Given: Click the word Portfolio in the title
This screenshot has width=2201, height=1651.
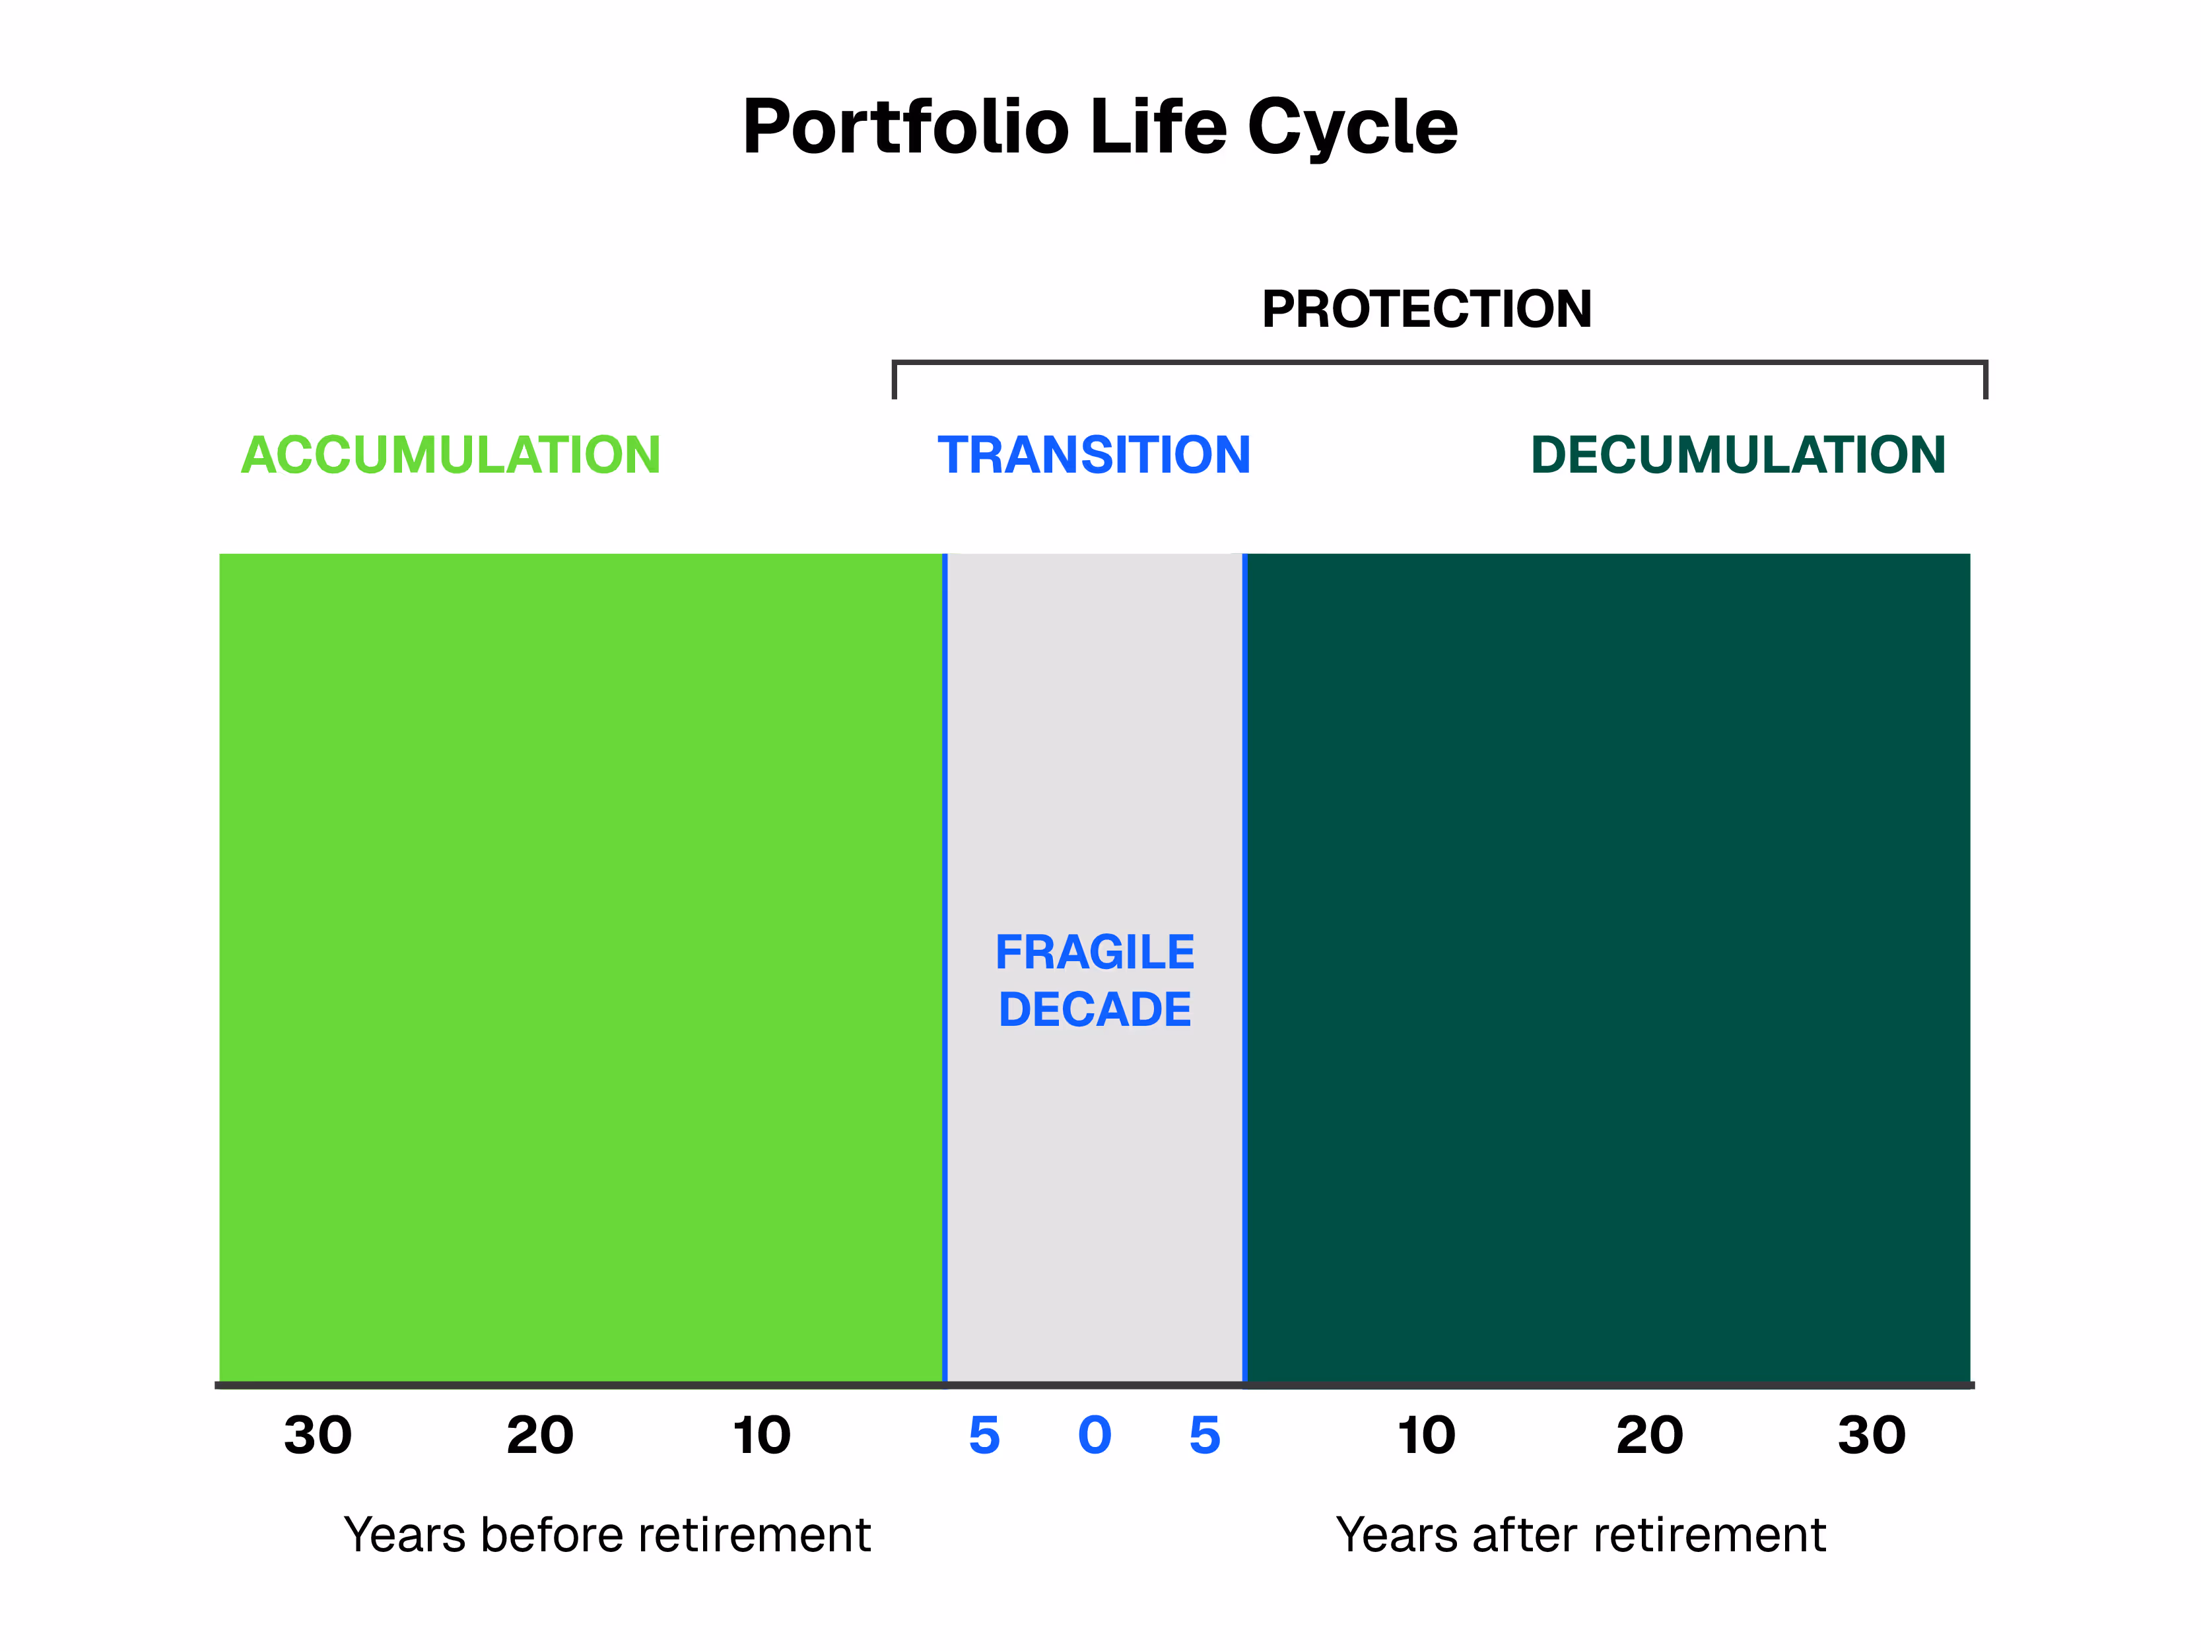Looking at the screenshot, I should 906,127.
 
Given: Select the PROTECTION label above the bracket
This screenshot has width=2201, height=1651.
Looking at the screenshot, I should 1426,308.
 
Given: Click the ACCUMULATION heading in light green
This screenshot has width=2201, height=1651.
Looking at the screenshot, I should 451,455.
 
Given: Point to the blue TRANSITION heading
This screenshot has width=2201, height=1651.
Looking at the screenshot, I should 1093,455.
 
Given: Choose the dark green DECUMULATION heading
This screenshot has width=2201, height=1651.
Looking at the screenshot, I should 1738,455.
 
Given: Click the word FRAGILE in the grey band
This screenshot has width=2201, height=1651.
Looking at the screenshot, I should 1095,953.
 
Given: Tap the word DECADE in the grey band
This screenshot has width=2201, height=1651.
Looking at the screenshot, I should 1095,1009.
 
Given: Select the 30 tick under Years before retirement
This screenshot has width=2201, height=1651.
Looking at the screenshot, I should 318,1435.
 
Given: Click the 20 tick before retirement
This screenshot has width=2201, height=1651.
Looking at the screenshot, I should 539,1435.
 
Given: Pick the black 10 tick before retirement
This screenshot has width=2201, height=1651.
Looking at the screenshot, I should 761,1435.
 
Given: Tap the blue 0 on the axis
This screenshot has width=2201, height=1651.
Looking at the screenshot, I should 1095,1435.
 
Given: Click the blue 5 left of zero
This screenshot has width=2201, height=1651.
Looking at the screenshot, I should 984,1435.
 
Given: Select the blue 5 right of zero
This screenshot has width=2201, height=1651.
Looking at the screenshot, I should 1204,1435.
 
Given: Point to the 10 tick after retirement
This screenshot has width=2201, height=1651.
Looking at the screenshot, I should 1426,1435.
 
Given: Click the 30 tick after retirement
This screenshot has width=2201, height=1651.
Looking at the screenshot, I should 1871,1435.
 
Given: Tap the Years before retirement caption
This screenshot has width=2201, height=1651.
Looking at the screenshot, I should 607,1535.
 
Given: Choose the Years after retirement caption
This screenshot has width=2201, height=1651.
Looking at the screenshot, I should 1580,1535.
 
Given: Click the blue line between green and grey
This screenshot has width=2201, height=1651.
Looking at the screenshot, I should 944,965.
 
